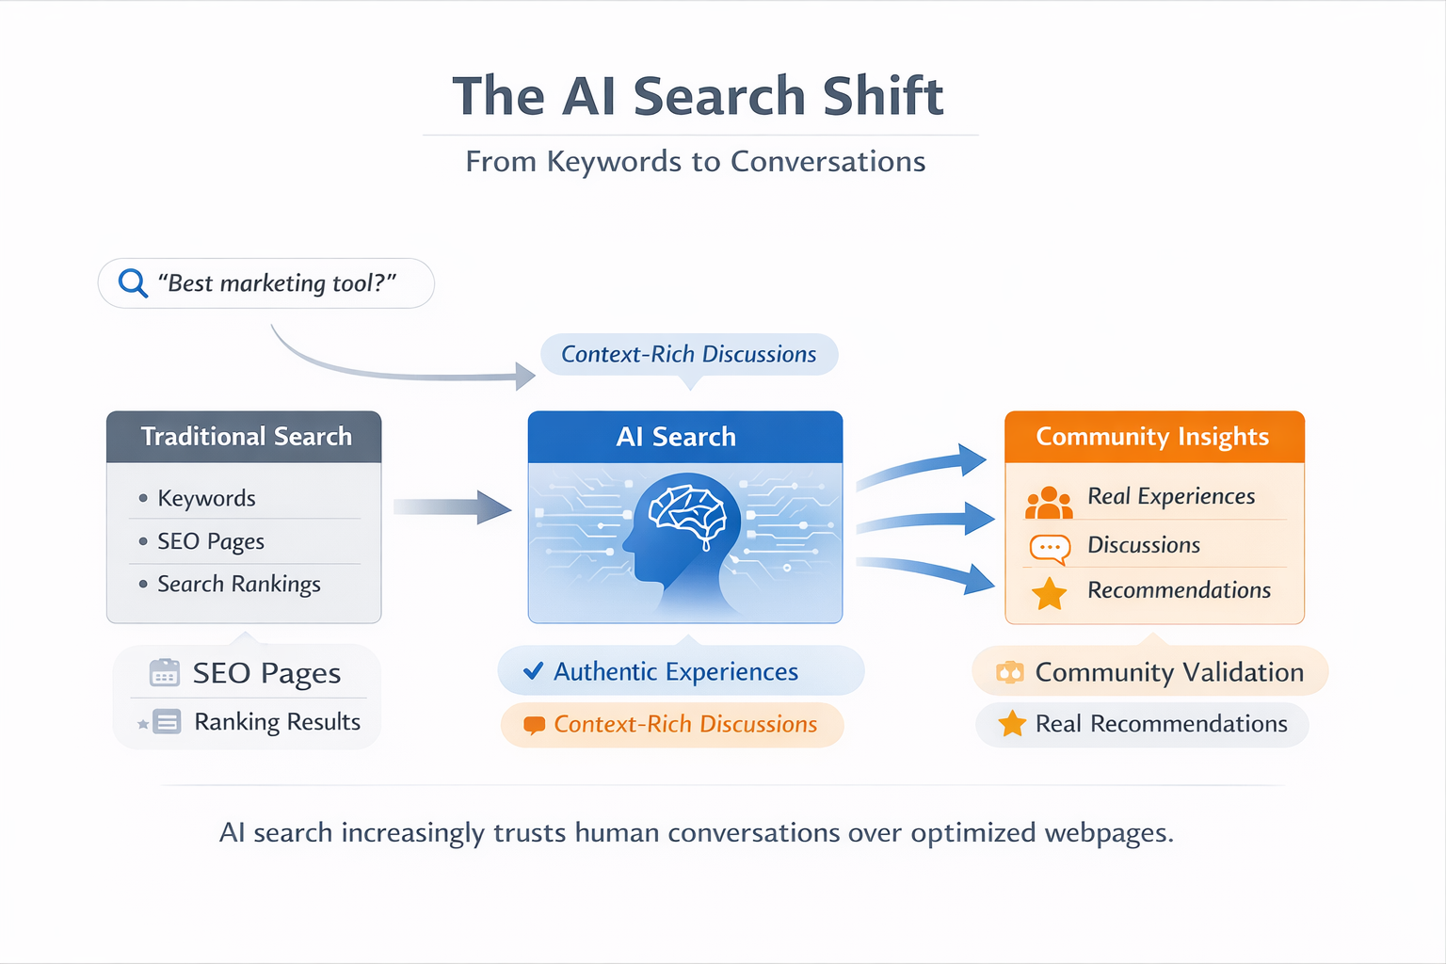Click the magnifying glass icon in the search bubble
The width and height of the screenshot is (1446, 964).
[x=133, y=282]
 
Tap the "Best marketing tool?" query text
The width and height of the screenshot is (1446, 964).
[x=277, y=283]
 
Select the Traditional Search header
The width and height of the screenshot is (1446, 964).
[x=245, y=437]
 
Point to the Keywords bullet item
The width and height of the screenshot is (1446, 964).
[x=206, y=498]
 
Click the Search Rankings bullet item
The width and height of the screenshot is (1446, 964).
[x=238, y=585]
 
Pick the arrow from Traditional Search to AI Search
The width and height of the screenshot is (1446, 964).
[x=452, y=507]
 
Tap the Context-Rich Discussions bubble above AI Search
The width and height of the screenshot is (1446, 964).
[x=688, y=355]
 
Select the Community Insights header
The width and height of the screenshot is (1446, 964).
[x=1153, y=437]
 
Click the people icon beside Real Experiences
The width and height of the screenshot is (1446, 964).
[x=1049, y=504]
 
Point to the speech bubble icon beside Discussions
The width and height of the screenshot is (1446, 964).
[x=1050, y=548]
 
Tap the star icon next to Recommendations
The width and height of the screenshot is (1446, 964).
[x=1049, y=594]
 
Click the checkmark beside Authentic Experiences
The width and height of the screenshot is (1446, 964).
[x=533, y=671]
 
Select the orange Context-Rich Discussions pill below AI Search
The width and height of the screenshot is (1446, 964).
[x=672, y=724]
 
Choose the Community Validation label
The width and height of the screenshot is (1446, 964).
[x=1168, y=672]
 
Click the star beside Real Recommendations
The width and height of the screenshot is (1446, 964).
[x=1012, y=724]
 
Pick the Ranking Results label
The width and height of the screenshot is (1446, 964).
[x=277, y=722]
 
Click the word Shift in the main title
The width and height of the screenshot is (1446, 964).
[x=882, y=97]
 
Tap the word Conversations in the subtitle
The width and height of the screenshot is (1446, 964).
[x=827, y=162]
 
